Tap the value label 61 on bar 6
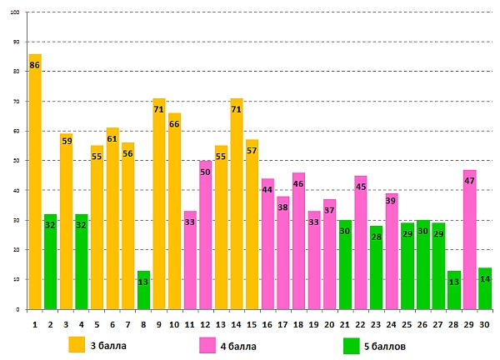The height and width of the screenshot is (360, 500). coord(112,138)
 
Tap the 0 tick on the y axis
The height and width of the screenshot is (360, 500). coord(19,310)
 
